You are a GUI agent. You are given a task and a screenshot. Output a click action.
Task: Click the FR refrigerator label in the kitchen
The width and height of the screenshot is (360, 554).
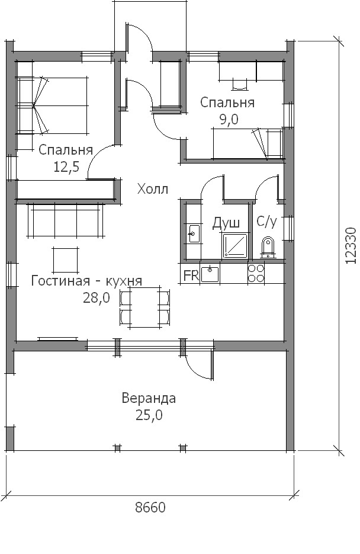(x=191, y=276)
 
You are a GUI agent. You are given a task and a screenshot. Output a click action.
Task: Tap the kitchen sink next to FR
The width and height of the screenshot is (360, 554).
(x=210, y=274)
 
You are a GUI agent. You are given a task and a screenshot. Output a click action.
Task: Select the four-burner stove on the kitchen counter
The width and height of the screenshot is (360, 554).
(x=256, y=273)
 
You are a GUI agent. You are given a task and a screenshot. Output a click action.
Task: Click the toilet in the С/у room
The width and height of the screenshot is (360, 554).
(x=268, y=247)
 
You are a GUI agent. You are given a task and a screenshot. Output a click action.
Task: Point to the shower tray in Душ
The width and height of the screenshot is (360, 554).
(x=235, y=245)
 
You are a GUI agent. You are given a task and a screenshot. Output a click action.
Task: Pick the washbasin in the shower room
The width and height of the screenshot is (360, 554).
(x=194, y=233)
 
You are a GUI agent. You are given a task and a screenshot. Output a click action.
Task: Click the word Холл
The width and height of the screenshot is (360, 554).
(x=153, y=190)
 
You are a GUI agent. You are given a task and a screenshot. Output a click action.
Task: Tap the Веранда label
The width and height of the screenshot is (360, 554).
(x=149, y=398)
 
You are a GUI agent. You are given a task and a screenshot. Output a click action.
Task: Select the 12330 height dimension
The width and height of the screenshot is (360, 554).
(x=351, y=245)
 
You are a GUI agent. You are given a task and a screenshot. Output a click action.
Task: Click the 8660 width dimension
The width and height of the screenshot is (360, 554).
(x=150, y=507)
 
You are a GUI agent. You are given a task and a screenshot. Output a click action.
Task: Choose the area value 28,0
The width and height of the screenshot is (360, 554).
(x=97, y=298)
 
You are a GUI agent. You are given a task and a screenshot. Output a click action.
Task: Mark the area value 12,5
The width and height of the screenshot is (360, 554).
(x=66, y=166)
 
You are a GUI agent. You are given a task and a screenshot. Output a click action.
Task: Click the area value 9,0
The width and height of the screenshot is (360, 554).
(x=229, y=120)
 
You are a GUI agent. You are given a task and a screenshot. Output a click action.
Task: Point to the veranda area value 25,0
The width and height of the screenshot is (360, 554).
(x=149, y=415)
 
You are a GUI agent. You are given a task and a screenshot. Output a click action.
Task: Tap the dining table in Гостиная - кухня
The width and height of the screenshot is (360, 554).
(x=145, y=307)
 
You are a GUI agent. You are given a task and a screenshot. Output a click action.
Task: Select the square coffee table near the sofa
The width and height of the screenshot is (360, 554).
(x=66, y=260)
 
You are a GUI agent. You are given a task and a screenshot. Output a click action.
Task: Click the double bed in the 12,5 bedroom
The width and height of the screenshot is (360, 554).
(x=52, y=105)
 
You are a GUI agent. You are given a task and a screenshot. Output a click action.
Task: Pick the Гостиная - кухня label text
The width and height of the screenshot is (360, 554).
(x=87, y=281)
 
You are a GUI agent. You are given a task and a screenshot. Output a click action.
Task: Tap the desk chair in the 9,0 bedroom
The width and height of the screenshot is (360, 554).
(x=239, y=84)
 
